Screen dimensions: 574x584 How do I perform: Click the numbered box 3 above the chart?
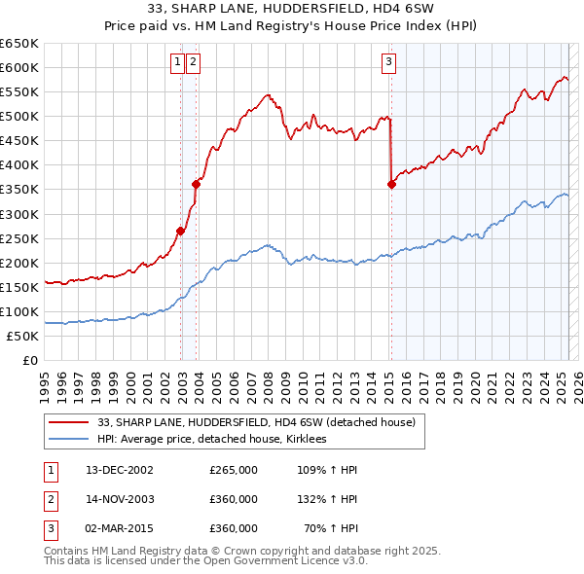(x=388, y=63)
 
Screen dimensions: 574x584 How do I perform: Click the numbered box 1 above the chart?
(x=178, y=63)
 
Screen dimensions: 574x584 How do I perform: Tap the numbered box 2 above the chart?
(x=193, y=63)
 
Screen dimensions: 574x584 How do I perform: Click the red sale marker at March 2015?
(x=391, y=184)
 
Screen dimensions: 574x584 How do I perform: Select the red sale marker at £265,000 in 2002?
(x=181, y=231)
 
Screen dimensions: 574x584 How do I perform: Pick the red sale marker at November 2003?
(x=197, y=184)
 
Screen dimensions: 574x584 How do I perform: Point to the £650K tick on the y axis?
(x=19, y=44)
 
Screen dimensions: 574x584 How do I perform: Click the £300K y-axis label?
(x=19, y=214)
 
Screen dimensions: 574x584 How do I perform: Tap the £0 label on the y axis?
(x=29, y=361)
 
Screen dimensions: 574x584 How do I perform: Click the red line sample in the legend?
(x=68, y=422)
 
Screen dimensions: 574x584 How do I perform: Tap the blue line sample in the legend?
(x=68, y=440)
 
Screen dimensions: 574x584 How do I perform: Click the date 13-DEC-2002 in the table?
(x=120, y=470)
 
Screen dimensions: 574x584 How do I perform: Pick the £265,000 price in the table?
(x=234, y=470)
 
